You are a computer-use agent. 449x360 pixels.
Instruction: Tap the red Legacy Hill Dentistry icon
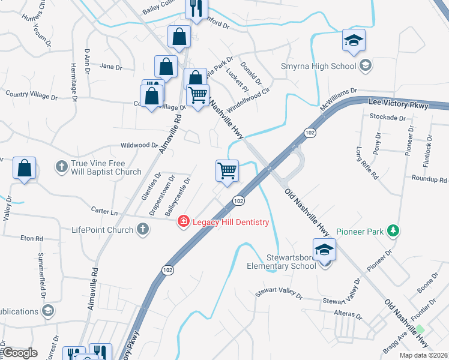click(183, 222)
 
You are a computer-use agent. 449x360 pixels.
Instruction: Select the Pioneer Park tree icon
click(393, 230)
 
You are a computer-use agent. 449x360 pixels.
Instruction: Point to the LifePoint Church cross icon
click(142, 229)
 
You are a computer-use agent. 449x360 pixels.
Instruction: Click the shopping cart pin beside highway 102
click(227, 170)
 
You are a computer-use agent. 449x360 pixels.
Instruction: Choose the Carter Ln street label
click(104, 211)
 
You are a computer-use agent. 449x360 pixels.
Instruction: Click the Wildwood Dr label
click(139, 145)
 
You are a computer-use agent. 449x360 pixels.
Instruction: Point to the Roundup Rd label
click(429, 179)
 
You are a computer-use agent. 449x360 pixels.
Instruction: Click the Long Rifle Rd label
click(367, 163)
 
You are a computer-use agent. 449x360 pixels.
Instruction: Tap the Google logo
click(20, 353)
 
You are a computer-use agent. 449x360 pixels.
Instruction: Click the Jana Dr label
click(110, 67)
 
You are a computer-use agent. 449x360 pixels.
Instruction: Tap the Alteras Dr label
click(351, 315)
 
